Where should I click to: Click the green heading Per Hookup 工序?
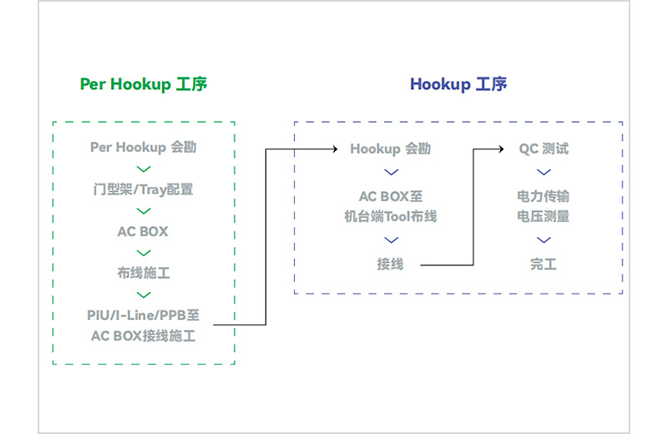[144, 84]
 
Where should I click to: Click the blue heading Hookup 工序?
[458, 84]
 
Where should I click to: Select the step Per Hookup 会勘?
[144, 148]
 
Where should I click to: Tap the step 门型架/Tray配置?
[144, 189]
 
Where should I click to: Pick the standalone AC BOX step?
[144, 231]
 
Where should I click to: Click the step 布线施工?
[144, 273]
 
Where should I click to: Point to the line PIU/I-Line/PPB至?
[144, 315]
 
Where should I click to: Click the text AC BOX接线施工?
[144, 336]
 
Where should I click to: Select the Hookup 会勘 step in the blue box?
[391, 149]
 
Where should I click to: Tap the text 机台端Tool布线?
[391, 217]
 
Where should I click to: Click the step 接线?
[391, 265]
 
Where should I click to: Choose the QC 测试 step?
[544, 149]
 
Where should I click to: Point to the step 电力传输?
[544, 197]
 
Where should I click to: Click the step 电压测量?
[544, 217]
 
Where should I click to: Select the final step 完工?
[544, 265]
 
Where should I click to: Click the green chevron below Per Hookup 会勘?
[144, 169]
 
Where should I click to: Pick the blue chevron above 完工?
[544, 241]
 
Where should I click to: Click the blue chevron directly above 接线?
[391, 241]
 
